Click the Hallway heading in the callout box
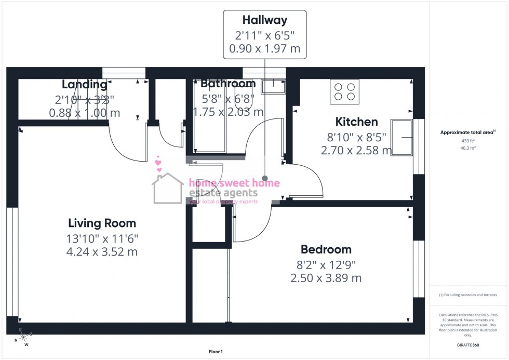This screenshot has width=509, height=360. click(x=264, y=20)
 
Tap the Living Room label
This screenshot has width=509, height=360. click(x=102, y=223)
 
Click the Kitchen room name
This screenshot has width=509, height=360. click(x=356, y=122)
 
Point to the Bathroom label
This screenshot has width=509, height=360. click(x=228, y=84)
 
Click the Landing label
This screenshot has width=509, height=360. click(x=84, y=84)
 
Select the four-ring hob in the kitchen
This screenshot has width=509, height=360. click(x=344, y=91)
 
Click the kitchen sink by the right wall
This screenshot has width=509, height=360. click(x=401, y=138)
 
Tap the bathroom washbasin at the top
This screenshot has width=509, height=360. click(x=272, y=85)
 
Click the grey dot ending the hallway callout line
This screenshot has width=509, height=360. click(x=265, y=178)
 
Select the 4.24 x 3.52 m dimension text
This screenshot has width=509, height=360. click(x=102, y=252)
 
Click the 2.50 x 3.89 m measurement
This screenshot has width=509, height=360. click(x=326, y=278)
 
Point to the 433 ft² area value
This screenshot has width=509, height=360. click(x=468, y=141)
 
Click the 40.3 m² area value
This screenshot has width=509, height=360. click(x=468, y=148)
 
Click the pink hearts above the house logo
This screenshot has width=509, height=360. click(x=159, y=164)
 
